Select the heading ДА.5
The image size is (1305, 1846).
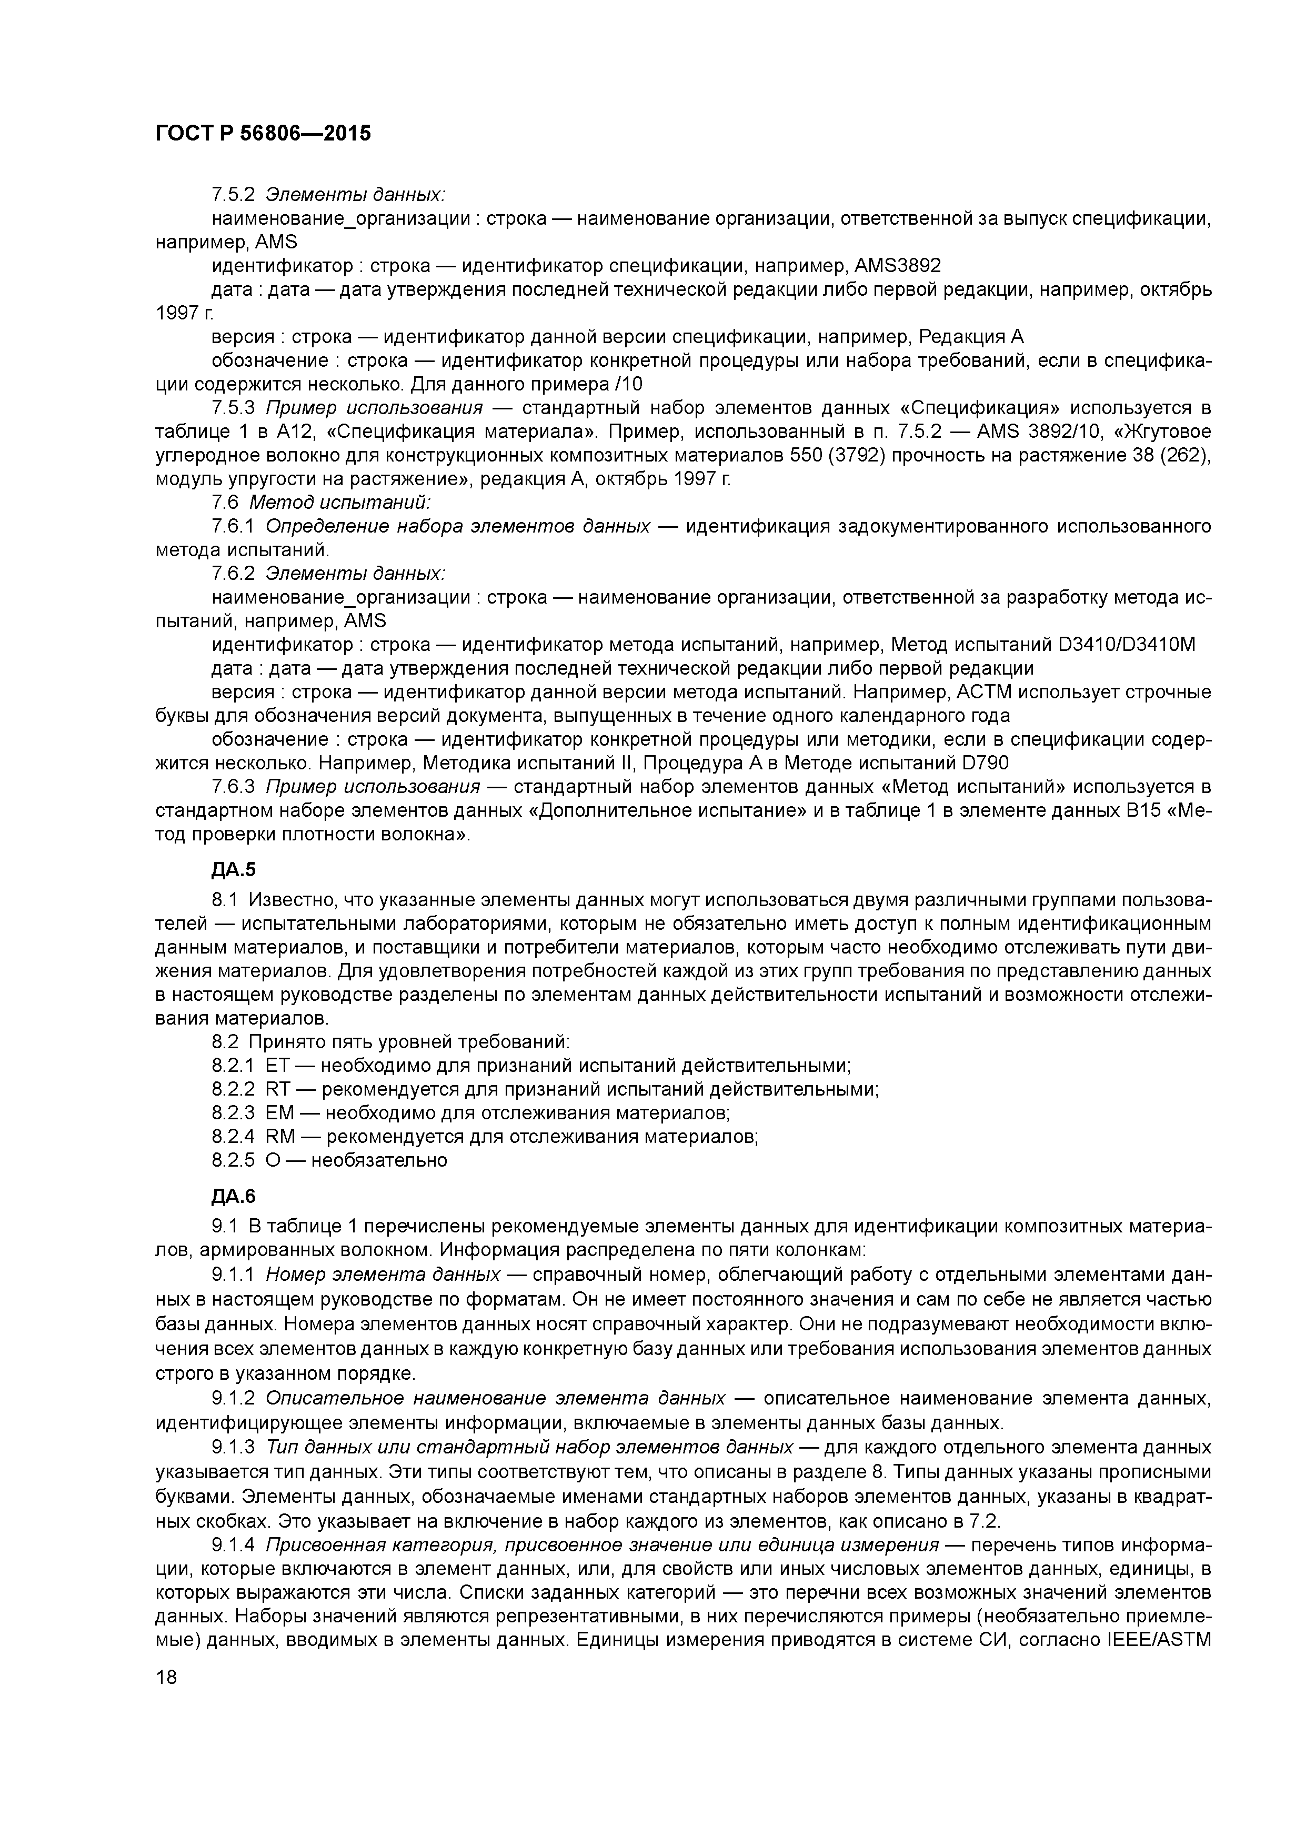233,869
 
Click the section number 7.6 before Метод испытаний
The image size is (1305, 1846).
225,503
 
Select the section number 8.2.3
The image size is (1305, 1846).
233,1113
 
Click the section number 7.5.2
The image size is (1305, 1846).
233,195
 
